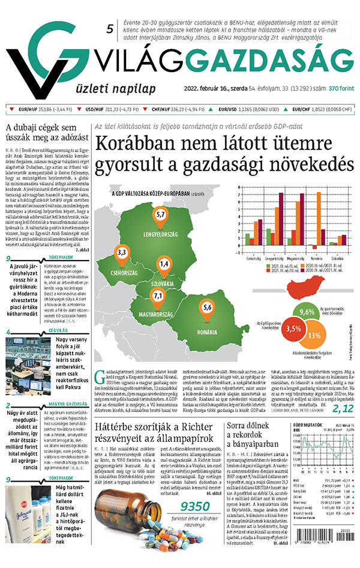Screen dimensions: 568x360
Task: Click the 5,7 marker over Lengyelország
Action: tap(160, 214)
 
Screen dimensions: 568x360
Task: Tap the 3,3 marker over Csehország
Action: tap(122, 252)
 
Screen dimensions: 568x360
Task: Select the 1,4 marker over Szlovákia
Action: tap(164, 264)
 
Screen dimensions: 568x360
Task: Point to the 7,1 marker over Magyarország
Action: tap(158, 295)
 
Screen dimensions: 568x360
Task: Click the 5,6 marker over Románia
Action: tap(208, 308)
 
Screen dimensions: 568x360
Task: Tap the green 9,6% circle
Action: tap(307, 313)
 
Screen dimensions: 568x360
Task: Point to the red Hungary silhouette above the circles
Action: tap(307, 290)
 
